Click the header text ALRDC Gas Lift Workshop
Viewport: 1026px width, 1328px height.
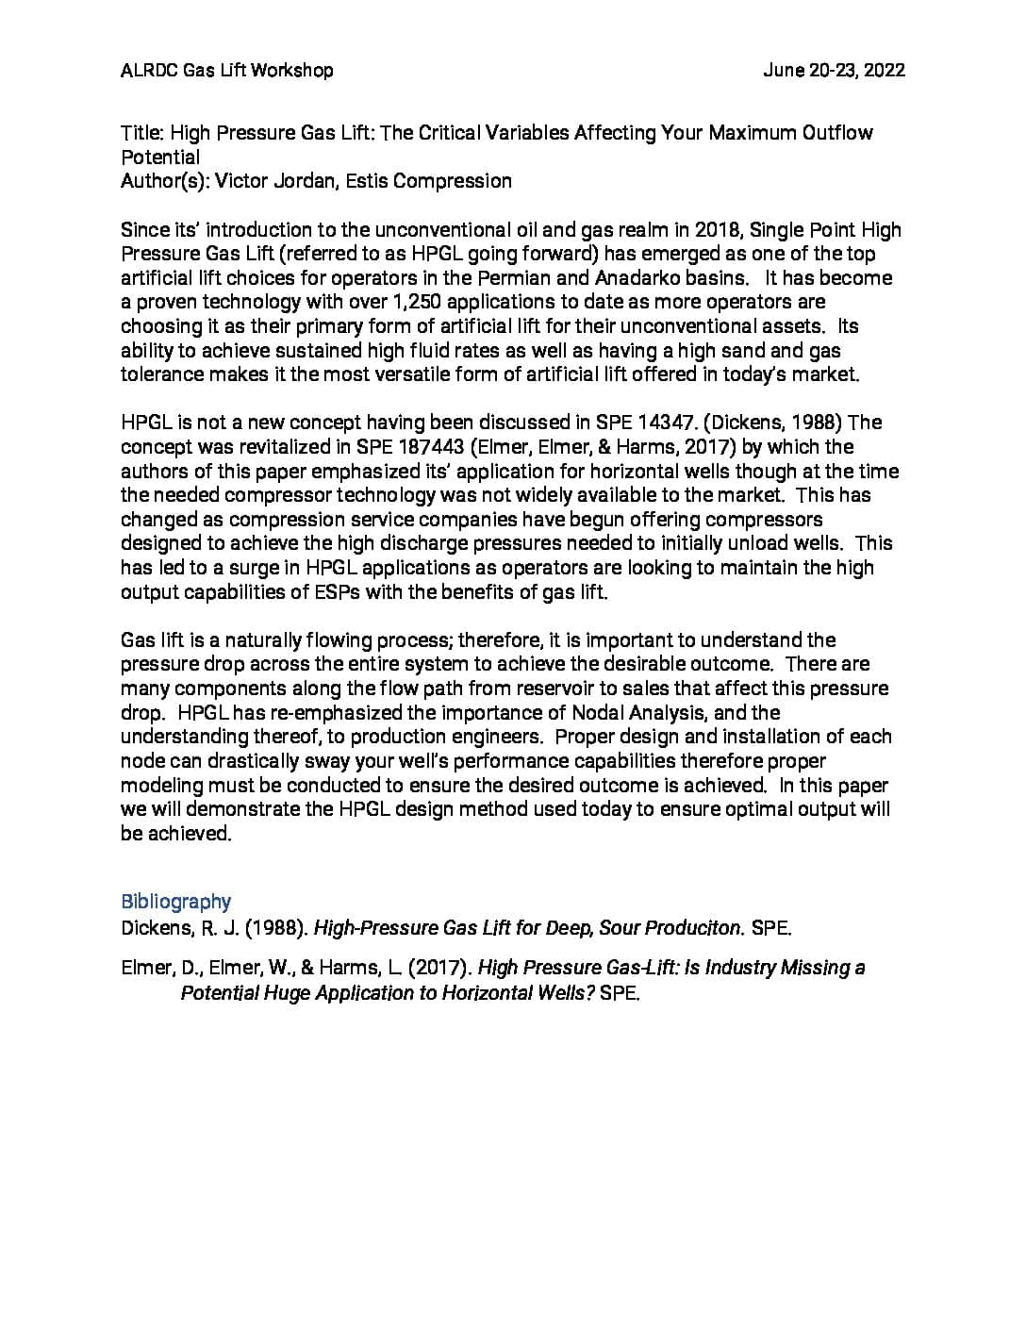(226, 70)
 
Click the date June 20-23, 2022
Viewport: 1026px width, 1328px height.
(834, 70)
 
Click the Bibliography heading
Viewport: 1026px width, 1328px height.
(175, 902)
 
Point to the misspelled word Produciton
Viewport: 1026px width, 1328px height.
(696, 928)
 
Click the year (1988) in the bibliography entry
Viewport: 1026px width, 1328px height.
(276, 928)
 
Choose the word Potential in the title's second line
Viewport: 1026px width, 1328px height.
(160, 158)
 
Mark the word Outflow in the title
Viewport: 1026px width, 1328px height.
(837, 133)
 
